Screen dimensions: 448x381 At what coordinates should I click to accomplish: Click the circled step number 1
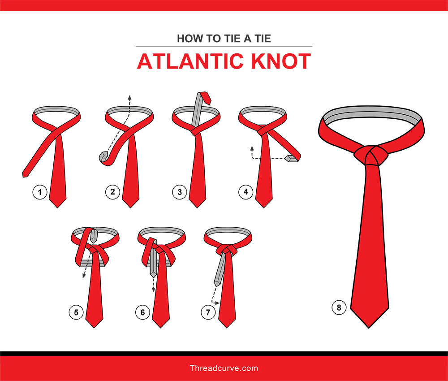click(40, 192)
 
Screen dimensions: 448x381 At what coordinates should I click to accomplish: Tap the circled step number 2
click(112, 192)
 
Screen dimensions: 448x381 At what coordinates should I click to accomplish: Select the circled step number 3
click(180, 192)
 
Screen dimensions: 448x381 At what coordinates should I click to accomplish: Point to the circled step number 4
click(246, 192)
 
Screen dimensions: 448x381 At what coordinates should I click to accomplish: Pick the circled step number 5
click(76, 312)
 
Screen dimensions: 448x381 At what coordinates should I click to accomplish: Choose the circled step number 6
click(142, 312)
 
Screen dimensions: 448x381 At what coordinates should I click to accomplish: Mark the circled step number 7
click(208, 312)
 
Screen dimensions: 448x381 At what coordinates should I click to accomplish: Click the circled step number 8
click(339, 307)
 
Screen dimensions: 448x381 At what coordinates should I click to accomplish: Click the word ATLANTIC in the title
click(189, 61)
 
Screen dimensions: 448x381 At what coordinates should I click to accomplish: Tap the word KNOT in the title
click(281, 61)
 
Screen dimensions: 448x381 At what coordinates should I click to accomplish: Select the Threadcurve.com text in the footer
click(224, 368)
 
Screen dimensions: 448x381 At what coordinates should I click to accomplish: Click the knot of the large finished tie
click(371, 155)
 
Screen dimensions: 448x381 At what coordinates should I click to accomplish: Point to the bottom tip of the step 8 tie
click(369, 328)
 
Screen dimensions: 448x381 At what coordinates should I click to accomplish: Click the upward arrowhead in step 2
click(129, 97)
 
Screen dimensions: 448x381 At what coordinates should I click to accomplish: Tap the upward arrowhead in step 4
click(252, 148)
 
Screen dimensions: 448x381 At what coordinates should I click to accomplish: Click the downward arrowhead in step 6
click(153, 290)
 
